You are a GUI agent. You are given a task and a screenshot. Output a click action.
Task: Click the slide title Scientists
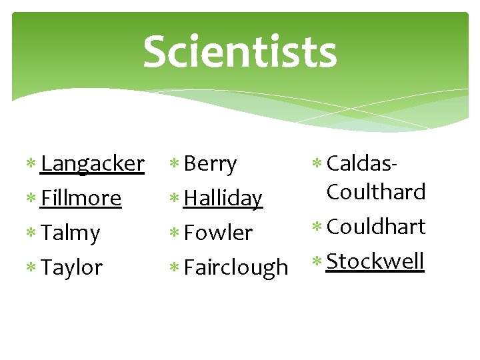(239, 52)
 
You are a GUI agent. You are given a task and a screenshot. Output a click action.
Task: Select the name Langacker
(92, 164)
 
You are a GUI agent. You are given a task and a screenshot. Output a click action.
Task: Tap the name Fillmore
(81, 199)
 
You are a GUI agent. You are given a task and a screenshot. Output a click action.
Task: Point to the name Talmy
(70, 233)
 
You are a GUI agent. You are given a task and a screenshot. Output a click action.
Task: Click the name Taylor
(71, 268)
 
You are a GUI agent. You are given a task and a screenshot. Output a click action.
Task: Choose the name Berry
(210, 164)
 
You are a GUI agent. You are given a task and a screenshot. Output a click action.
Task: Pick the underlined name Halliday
(223, 199)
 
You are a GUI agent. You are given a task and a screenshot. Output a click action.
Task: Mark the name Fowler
(218, 233)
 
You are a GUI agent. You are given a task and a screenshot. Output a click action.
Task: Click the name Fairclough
(235, 268)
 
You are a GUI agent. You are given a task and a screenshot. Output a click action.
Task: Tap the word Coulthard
(376, 192)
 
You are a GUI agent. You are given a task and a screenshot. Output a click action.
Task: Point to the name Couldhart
(376, 227)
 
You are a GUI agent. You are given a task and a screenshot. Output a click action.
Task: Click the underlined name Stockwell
(375, 261)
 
